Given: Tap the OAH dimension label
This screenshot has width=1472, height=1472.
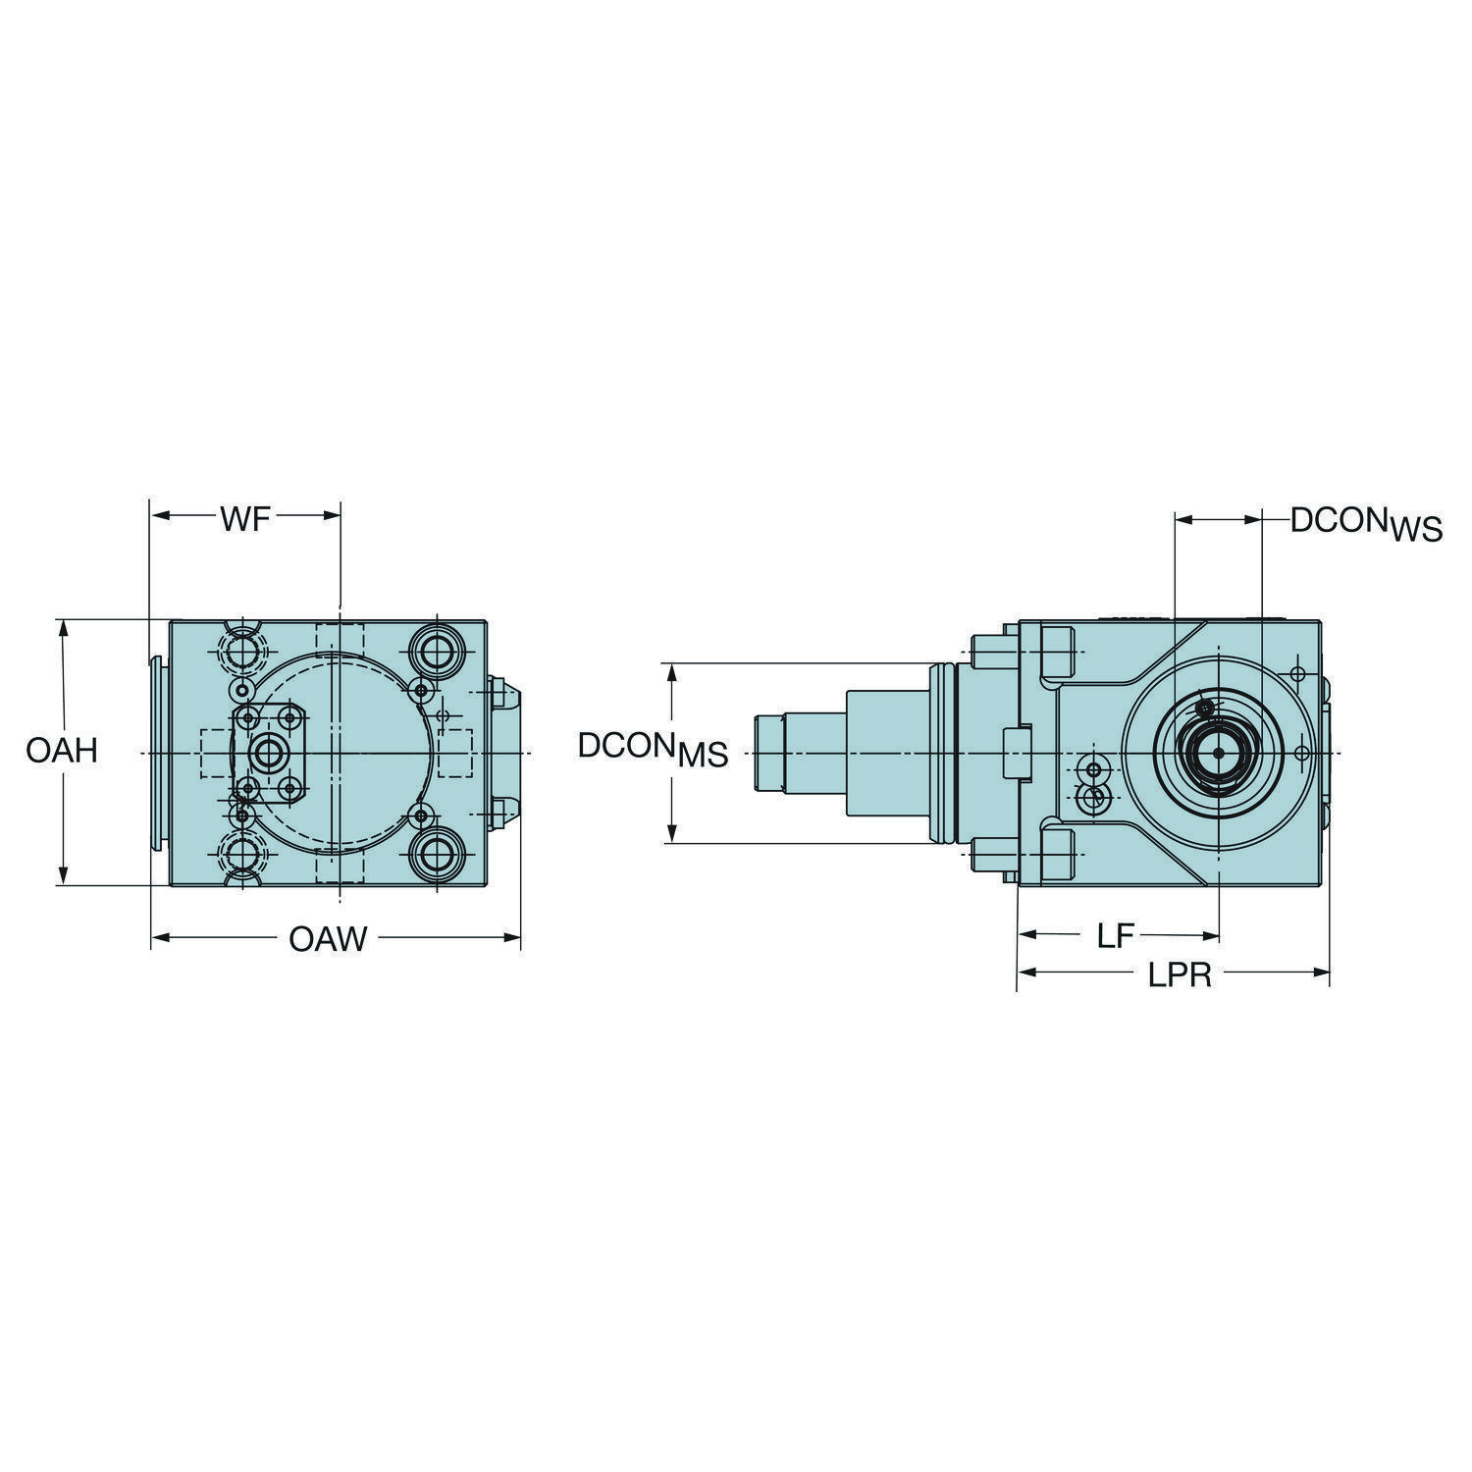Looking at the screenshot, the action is [62, 752].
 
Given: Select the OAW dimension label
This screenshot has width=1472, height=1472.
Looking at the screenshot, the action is [328, 939].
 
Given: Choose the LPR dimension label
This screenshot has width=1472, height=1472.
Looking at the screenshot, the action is [1181, 975].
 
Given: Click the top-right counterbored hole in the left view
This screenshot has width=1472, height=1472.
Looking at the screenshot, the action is [432, 647].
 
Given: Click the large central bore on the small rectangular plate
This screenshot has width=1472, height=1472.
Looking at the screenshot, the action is [266, 753].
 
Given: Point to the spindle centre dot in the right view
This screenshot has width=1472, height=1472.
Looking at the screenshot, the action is [1218, 754].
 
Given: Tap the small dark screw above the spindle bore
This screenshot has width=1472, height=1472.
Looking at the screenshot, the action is [1206, 708].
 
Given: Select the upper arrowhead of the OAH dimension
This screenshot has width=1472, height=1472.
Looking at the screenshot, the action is [64, 628].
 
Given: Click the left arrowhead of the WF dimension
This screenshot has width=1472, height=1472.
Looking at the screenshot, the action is [158, 516].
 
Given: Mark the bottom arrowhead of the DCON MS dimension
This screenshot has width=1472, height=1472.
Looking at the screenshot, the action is [672, 833].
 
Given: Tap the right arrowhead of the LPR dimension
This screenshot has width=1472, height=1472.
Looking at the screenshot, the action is [1320, 973].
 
